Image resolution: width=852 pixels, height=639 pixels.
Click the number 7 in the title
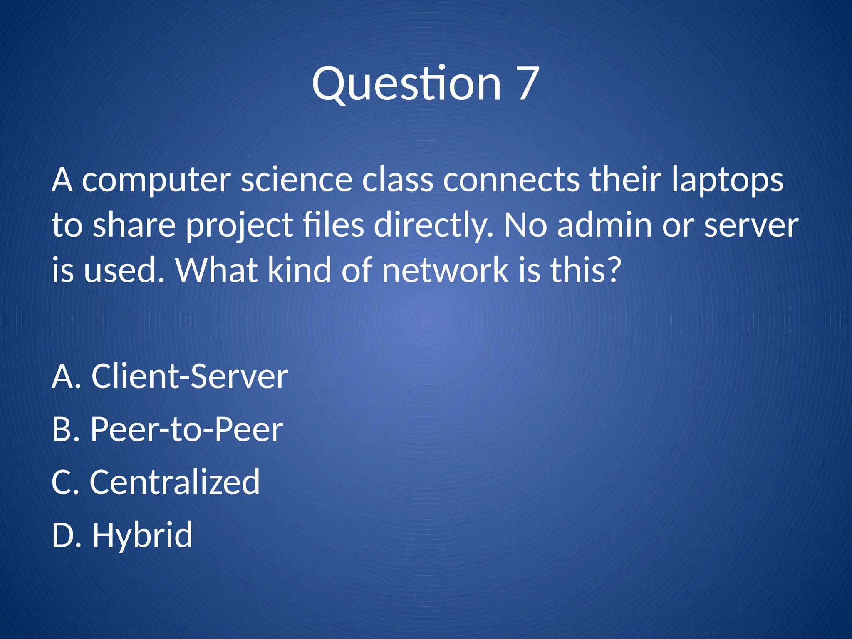[x=528, y=84]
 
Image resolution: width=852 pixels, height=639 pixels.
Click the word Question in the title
[x=406, y=84]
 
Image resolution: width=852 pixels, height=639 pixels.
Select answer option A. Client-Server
[x=170, y=376]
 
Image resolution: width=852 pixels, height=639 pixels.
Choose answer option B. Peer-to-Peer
[x=167, y=429]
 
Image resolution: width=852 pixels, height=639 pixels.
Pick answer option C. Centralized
[x=156, y=482]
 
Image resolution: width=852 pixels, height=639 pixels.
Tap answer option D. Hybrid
[x=122, y=535]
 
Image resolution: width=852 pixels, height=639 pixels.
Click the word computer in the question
[x=156, y=180]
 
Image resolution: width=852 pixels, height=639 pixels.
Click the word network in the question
[x=445, y=270]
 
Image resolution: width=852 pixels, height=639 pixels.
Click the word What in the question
[x=216, y=270]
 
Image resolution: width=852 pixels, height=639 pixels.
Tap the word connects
[x=511, y=180]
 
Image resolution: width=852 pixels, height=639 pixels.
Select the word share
[x=134, y=225]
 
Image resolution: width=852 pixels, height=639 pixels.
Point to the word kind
[x=300, y=270]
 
